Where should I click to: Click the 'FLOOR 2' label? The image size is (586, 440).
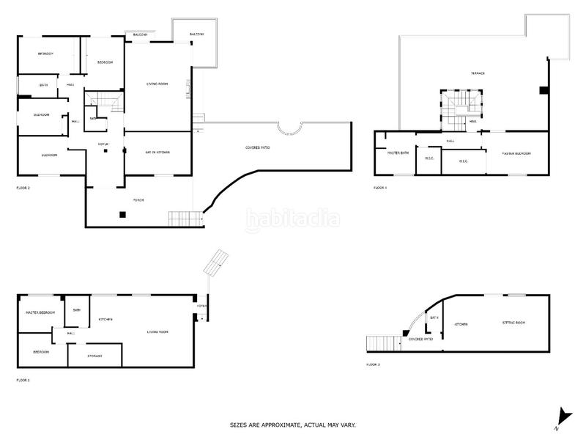click(x=23, y=188)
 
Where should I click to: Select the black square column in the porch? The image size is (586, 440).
click(x=123, y=214)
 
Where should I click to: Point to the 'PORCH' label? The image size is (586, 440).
click(x=138, y=199)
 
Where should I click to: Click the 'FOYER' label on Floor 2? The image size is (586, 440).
click(x=103, y=144)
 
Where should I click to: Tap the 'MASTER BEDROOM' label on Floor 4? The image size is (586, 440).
click(x=516, y=153)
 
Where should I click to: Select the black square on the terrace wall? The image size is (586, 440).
click(x=543, y=90)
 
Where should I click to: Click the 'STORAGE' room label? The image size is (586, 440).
click(x=94, y=356)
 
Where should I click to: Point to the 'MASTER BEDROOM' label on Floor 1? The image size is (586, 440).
click(x=40, y=312)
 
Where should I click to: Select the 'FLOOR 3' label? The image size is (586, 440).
click(x=373, y=364)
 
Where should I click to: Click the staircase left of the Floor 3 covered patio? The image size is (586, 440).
click(x=382, y=342)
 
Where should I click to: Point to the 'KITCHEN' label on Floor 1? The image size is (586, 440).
click(x=105, y=320)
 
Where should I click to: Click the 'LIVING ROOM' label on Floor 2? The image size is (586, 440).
click(x=157, y=84)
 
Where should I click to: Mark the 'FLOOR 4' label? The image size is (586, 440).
click(x=380, y=188)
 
